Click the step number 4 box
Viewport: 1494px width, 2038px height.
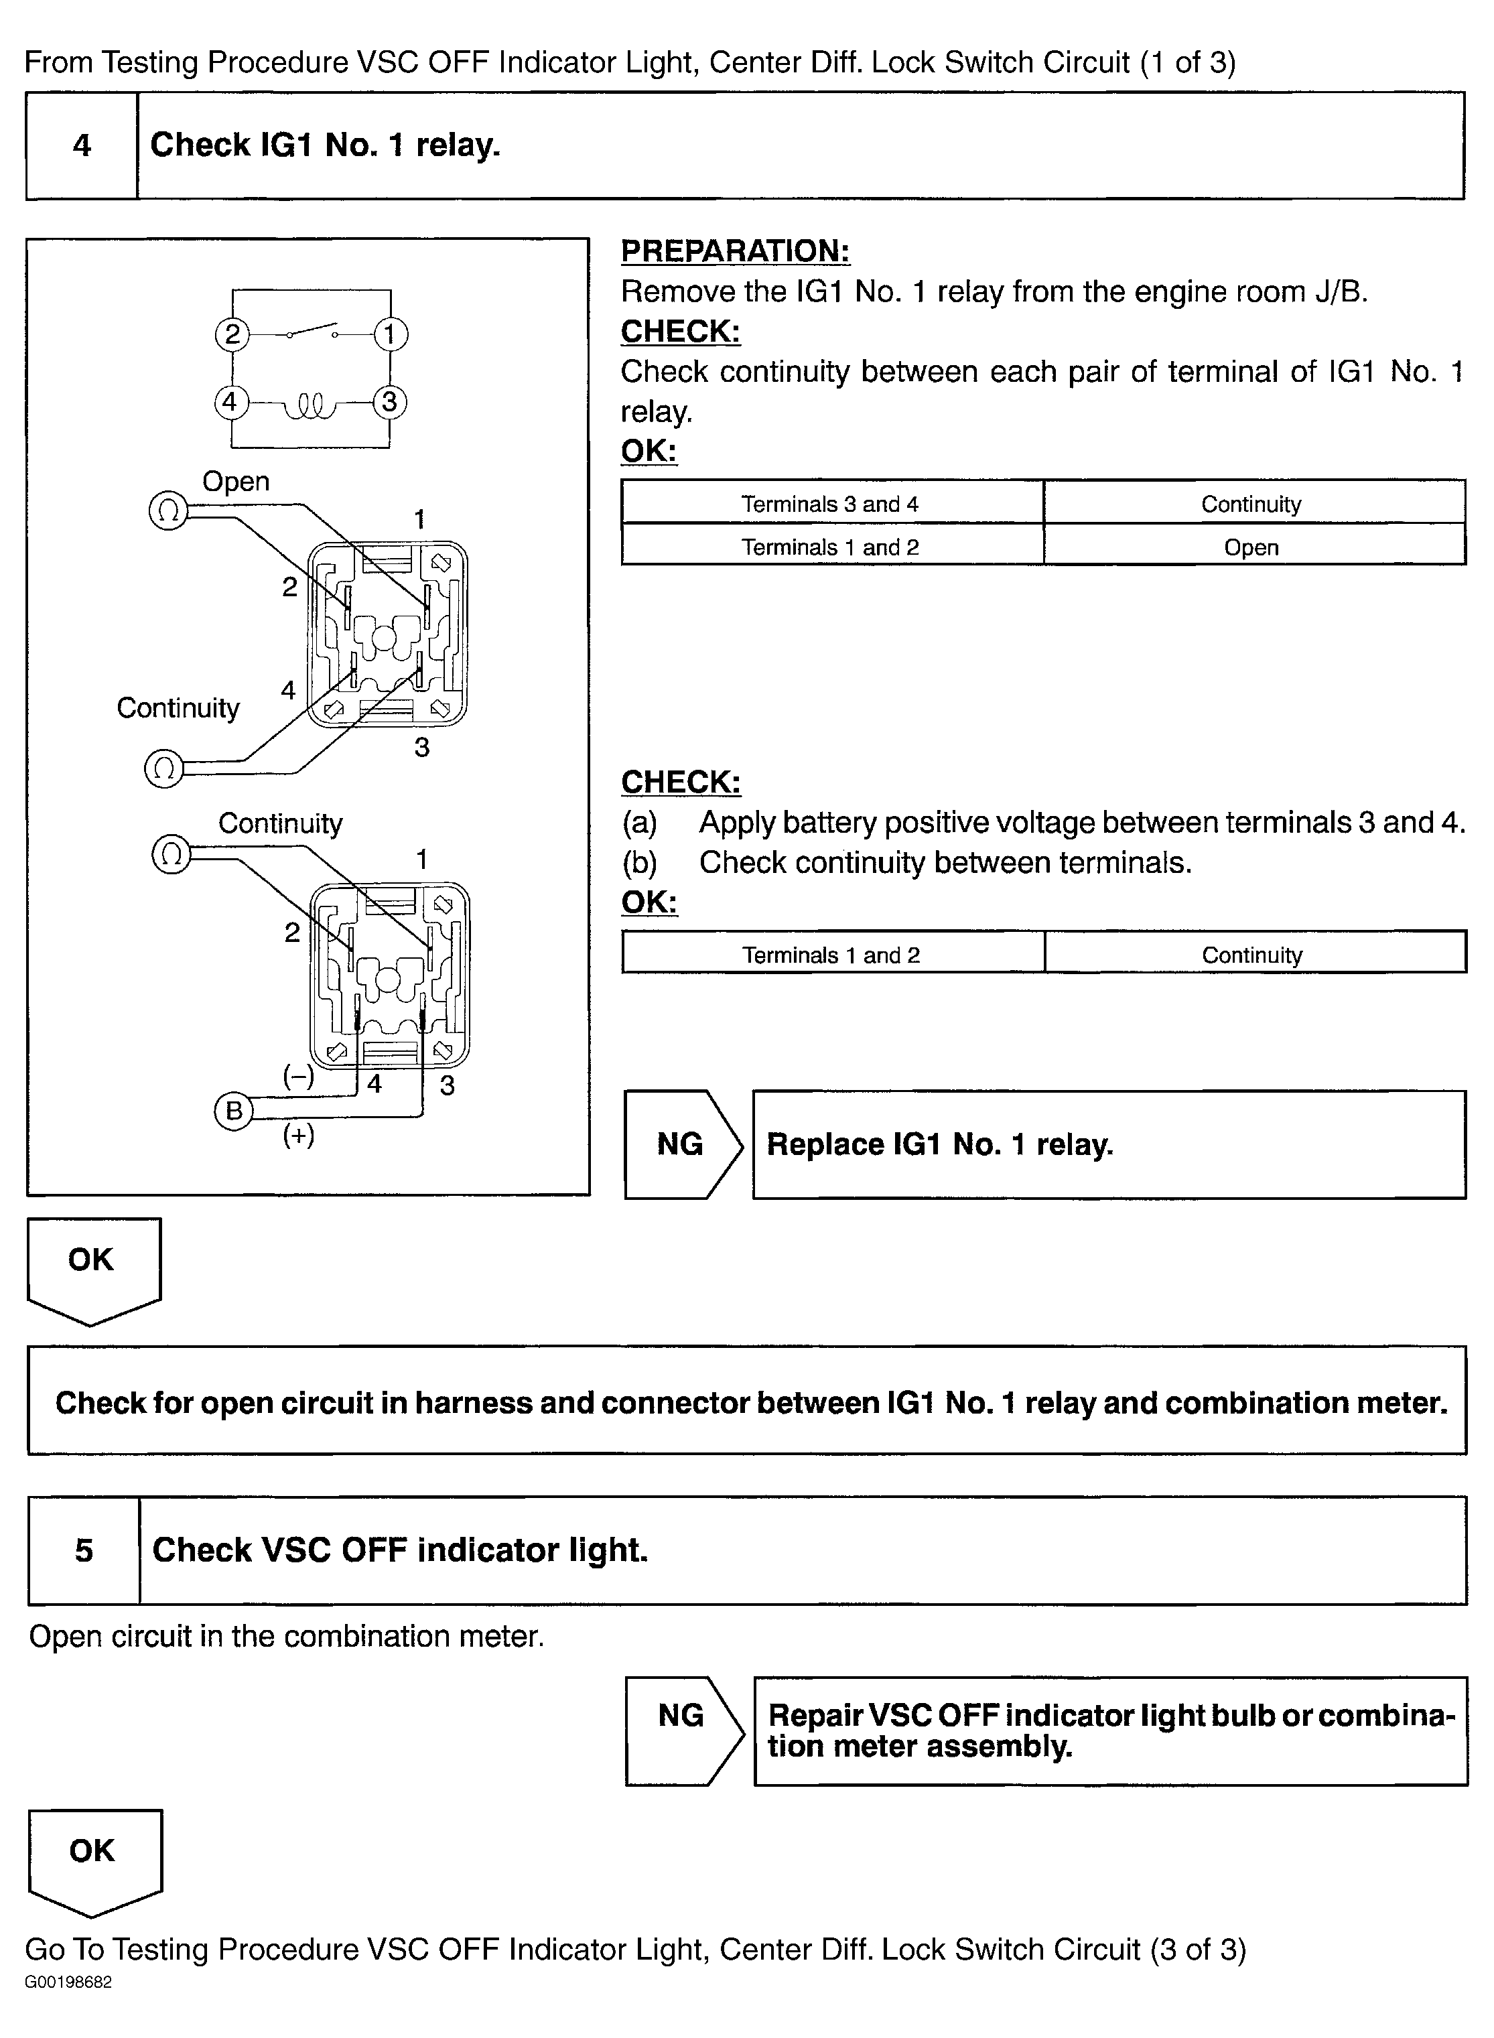click(81, 145)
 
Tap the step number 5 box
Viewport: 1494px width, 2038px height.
click(83, 1550)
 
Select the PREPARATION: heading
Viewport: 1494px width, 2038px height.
click(734, 251)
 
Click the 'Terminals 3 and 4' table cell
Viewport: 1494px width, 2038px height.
click(830, 504)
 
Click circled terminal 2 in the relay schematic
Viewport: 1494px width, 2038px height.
click(232, 334)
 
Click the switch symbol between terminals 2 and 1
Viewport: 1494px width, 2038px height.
click(312, 331)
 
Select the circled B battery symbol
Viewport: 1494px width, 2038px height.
click(233, 1110)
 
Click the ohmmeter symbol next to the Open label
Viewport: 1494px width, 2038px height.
click(167, 512)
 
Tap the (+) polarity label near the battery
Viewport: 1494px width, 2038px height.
click(298, 1135)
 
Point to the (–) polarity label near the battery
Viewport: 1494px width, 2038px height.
click(298, 1077)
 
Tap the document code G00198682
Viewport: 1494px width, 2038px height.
click(69, 2007)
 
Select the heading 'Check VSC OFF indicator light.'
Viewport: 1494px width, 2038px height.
click(400, 1550)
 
